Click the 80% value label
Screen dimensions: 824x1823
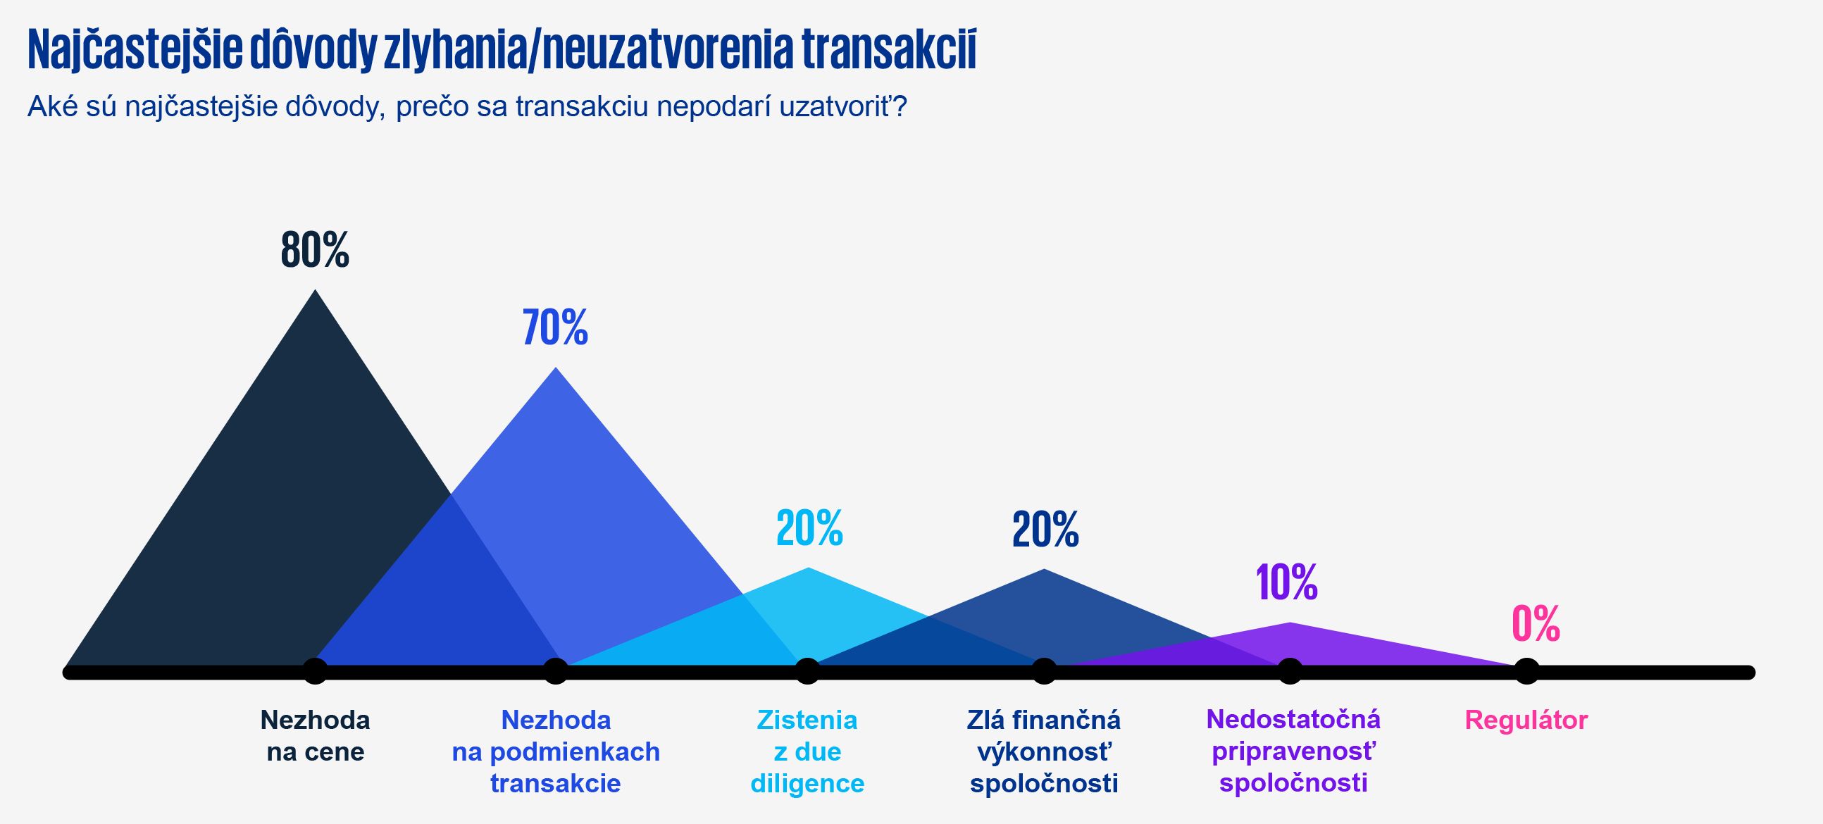(x=315, y=250)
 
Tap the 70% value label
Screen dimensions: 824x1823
(x=555, y=327)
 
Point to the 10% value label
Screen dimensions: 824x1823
(x=1286, y=582)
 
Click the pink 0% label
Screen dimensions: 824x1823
(x=1536, y=624)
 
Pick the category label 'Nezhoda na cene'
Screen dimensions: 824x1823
(x=315, y=735)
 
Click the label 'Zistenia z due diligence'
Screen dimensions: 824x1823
(x=807, y=751)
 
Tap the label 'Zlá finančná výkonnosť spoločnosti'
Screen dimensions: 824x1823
(x=1044, y=751)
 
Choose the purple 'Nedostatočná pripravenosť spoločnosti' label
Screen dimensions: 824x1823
(x=1293, y=751)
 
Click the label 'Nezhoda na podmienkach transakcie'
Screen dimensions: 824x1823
(x=556, y=751)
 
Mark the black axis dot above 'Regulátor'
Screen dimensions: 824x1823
(x=1526, y=671)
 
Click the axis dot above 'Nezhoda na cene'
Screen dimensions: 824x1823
(x=315, y=671)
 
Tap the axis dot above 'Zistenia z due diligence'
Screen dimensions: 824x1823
(x=807, y=671)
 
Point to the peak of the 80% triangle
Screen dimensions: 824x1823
(x=315, y=292)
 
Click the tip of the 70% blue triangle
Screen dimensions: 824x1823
(x=556, y=369)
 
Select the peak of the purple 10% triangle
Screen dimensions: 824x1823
(x=1290, y=624)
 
